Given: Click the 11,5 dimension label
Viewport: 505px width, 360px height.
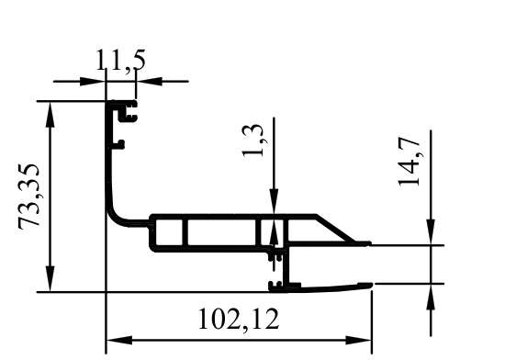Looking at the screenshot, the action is (x=121, y=60).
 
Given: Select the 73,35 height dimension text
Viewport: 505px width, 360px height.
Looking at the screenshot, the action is (x=29, y=197).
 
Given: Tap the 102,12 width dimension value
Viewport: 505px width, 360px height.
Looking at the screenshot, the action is (x=239, y=320).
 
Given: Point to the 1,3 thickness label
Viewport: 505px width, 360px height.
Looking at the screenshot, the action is (x=253, y=140).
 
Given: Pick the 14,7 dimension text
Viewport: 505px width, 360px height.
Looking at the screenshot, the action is (x=409, y=162).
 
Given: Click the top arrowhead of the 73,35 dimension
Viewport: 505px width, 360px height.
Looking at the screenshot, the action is (x=50, y=115).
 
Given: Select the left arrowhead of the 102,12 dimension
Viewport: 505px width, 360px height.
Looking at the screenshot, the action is (x=119, y=340).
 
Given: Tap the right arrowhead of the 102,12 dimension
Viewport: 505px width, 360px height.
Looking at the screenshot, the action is (x=359, y=340).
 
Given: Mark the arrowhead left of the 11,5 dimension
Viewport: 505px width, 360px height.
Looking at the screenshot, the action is (x=93, y=82).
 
